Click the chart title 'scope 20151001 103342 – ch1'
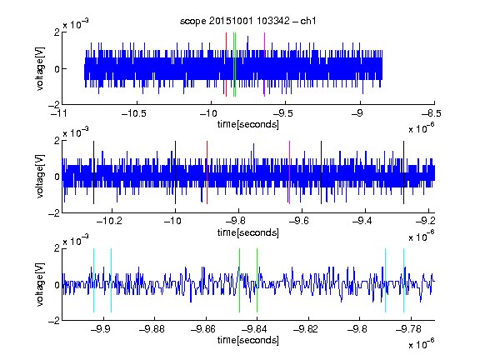247,21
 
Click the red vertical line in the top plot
226,65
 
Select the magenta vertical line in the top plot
264,65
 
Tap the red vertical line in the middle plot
207,172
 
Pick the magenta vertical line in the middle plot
290,172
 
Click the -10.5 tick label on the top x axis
134,114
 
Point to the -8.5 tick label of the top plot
431,114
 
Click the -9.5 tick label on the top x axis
282,114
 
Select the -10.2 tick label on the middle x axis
109,221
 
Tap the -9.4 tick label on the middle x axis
362,221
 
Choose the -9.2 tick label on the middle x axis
425,221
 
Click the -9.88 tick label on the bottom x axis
152,329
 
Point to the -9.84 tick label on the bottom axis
254,329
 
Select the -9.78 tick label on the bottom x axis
408,329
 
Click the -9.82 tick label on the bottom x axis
306,329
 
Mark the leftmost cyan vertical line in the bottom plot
93,280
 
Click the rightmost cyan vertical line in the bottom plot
403,280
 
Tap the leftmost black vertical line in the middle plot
93,172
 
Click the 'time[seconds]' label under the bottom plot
248,340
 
